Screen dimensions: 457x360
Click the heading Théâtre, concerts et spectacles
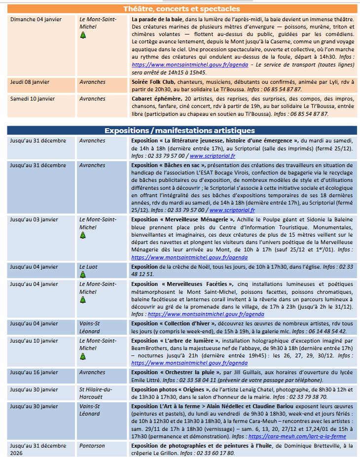click(181, 9)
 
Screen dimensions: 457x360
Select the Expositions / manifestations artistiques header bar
click(180, 131)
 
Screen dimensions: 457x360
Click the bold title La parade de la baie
click(157, 19)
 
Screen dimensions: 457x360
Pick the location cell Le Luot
click(88, 267)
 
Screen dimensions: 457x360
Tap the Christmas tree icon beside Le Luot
click(83, 274)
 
